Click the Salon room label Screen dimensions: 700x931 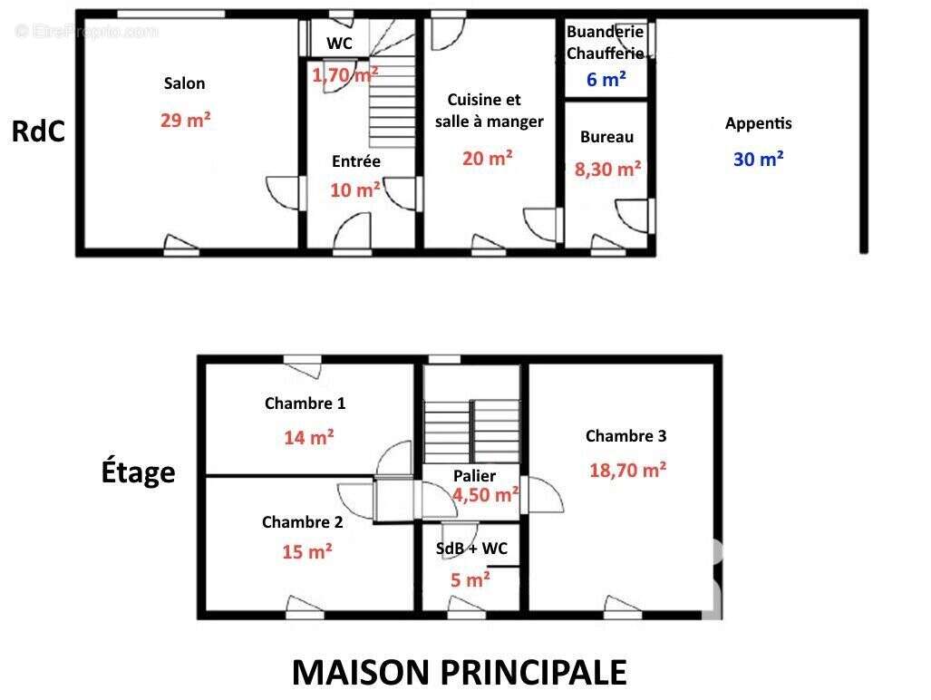pyautogui.click(x=184, y=83)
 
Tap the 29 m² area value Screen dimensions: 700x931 pyautogui.click(x=185, y=120)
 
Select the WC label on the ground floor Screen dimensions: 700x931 pyautogui.click(x=339, y=44)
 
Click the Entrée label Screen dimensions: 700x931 pyautogui.click(x=356, y=161)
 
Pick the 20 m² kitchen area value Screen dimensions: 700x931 pyautogui.click(x=487, y=158)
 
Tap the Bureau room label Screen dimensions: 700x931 pyautogui.click(x=606, y=137)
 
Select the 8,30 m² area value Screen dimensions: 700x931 pyautogui.click(x=607, y=168)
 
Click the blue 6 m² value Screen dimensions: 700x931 pyautogui.click(x=606, y=80)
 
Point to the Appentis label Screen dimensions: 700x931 pyautogui.click(x=758, y=123)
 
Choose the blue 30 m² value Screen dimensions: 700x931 pyautogui.click(x=758, y=159)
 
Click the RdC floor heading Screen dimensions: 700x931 pyautogui.click(x=38, y=131)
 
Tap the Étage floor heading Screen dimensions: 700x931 pyautogui.click(x=137, y=472)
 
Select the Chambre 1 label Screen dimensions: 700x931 pyautogui.click(x=305, y=403)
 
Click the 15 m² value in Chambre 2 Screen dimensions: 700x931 pyautogui.click(x=306, y=551)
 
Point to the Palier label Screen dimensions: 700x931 pyautogui.click(x=474, y=476)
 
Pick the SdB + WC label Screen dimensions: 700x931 pyautogui.click(x=471, y=549)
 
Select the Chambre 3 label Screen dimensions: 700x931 pyautogui.click(x=626, y=436)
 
